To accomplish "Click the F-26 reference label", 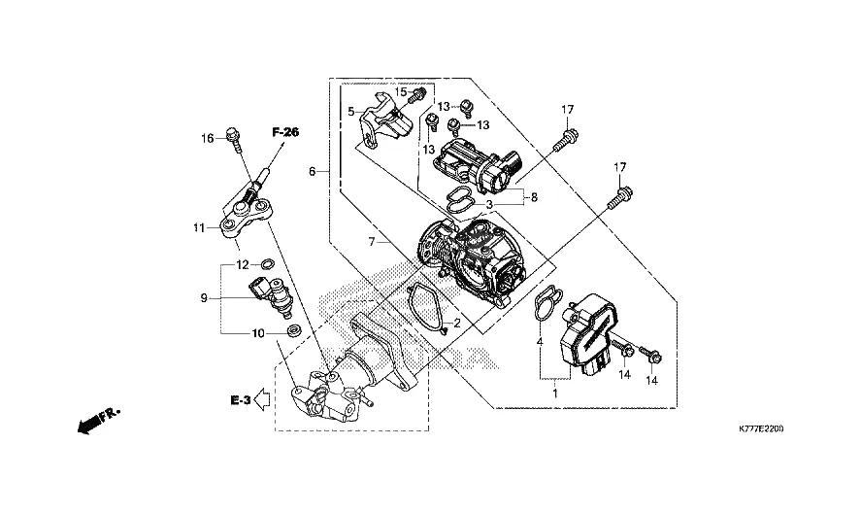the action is [x=285, y=132].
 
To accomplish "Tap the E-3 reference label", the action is [x=241, y=400].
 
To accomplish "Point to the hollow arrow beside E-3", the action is [x=262, y=399].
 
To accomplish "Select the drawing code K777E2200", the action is [x=760, y=428].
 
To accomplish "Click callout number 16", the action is [x=207, y=139].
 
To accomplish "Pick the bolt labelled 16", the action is [x=233, y=137].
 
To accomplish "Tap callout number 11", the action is [x=199, y=227].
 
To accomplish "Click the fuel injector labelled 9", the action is [x=272, y=295].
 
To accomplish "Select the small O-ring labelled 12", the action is [x=267, y=264].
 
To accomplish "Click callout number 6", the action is [x=312, y=172].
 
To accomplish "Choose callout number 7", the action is [x=372, y=241].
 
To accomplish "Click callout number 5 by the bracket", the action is [x=350, y=112].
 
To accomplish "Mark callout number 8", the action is [x=534, y=197].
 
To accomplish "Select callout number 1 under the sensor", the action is [x=554, y=393].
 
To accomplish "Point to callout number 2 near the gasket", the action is [x=457, y=324].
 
